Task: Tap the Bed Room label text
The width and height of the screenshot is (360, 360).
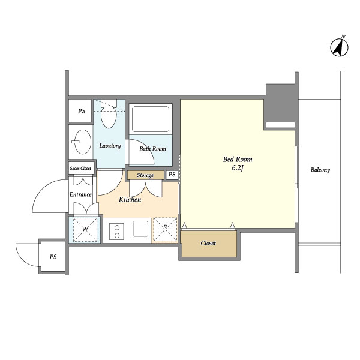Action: (x=238, y=160)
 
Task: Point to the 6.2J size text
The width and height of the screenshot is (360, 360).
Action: (x=238, y=169)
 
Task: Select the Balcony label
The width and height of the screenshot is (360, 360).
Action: (x=320, y=170)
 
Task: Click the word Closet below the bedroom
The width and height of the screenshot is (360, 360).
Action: (x=208, y=244)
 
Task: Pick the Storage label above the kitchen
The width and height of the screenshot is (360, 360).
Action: (x=145, y=175)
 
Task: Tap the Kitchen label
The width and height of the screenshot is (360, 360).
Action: (x=130, y=199)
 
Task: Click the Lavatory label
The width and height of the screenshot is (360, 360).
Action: (x=110, y=146)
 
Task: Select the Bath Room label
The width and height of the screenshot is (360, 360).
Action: (x=153, y=148)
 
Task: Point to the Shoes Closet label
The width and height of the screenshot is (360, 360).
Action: (x=80, y=169)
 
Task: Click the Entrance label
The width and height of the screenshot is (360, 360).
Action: (x=80, y=194)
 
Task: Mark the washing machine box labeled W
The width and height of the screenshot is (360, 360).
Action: (x=85, y=229)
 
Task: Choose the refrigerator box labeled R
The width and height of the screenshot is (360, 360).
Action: (x=165, y=229)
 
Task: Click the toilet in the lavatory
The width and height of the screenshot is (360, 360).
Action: (x=109, y=118)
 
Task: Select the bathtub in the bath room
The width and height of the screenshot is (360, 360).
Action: (x=151, y=119)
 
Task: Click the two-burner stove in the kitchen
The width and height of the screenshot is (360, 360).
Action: (x=116, y=229)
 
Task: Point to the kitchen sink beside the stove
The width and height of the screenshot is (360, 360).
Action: (x=142, y=229)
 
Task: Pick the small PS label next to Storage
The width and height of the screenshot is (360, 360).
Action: (x=172, y=175)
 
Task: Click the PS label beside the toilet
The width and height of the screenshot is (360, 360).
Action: (x=81, y=111)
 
